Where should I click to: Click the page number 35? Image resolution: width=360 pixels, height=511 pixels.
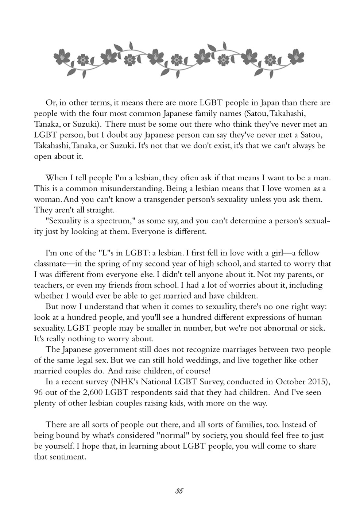tap(179, 491)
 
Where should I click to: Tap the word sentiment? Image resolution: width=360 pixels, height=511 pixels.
tap(68, 457)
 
